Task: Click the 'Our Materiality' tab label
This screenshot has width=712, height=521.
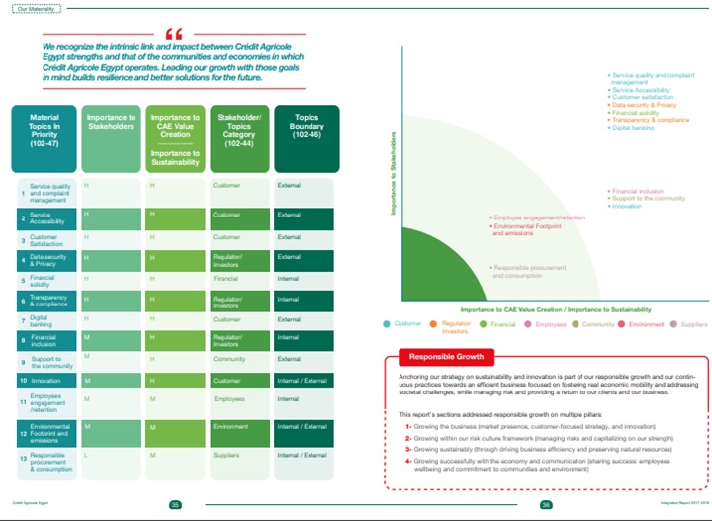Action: coord(32,9)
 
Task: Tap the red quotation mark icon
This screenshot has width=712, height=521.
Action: coord(175,32)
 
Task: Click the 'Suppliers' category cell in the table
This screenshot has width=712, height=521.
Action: coord(228,455)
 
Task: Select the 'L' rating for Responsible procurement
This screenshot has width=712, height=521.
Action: coord(86,455)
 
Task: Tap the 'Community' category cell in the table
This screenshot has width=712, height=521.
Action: coord(230,359)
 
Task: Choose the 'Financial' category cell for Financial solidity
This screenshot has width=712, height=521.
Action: coord(228,279)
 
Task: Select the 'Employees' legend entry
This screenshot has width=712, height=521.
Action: coord(550,324)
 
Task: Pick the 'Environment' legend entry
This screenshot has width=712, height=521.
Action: coord(644,324)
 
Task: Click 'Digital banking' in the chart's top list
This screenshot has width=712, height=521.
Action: coord(634,128)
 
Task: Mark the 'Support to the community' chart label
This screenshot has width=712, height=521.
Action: coord(649,198)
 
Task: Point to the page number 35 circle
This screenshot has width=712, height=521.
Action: coord(174,504)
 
